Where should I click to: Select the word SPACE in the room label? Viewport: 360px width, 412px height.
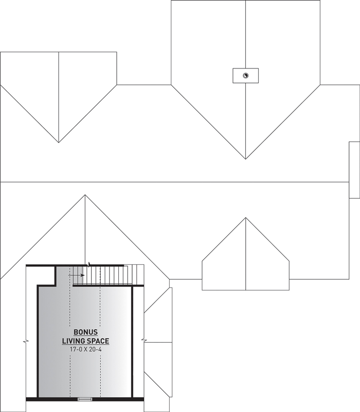(x=97, y=341)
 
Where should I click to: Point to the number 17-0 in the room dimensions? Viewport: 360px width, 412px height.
(x=76, y=349)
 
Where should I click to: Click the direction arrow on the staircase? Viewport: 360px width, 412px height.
(x=76, y=275)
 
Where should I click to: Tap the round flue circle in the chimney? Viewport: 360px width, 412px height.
(x=245, y=76)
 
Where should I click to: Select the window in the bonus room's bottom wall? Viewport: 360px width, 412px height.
(x=85, y=406)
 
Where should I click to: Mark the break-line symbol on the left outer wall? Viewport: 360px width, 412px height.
(x=26, y=342)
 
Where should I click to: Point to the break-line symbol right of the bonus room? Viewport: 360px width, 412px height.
(x=144, y=341)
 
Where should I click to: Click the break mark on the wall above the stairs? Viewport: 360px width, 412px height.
(x=89, y=264)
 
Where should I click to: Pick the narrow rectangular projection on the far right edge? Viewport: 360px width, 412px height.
(x=354, y=170)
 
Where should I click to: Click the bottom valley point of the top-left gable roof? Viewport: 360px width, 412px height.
(x=59, y=142)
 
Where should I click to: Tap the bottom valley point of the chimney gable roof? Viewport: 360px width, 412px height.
(x=245, y=159)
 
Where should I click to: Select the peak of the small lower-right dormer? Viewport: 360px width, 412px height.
(x=246, y=218)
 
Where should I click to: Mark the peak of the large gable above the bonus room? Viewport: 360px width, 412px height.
(x=85, y=195)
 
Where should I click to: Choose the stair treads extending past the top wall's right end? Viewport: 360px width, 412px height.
(x=134, y=275)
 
